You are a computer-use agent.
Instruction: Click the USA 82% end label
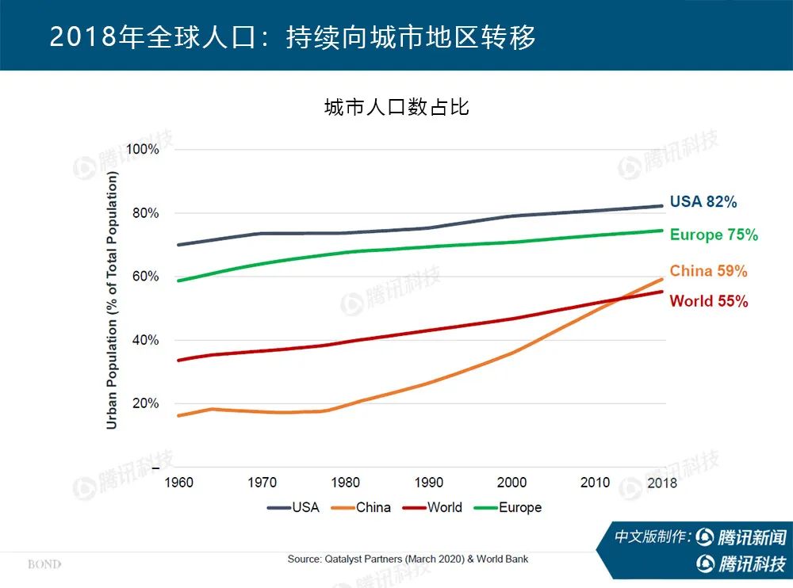point(703,202)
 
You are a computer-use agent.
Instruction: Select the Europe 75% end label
point(713,235)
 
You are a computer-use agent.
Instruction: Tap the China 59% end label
point(708,271)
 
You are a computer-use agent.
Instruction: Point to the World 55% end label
point(708,301)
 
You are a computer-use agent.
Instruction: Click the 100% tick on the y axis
point(143,150)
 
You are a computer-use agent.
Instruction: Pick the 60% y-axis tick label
point(146,277)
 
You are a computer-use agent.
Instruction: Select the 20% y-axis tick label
point(146,403)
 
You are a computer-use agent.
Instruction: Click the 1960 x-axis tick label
point(178,483)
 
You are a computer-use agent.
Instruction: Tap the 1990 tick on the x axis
point(428,483)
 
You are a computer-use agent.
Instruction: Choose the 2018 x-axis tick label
point(662,483)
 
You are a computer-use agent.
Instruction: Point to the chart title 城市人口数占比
point(396,108)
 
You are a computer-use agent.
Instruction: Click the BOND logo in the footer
point(44,565)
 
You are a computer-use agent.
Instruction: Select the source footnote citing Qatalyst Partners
point(408,559)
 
